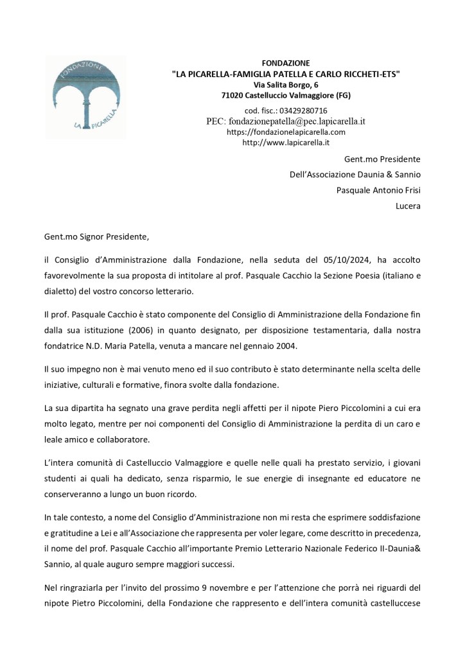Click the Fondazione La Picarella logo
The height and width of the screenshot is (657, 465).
[85, 97]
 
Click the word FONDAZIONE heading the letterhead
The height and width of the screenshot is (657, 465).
[286, 63]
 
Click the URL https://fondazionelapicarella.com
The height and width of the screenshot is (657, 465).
[286, 132]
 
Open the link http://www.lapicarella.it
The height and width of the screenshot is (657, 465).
[286, 143]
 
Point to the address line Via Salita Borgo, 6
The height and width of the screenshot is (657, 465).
[286, 85]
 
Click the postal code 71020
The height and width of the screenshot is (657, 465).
[232, 96]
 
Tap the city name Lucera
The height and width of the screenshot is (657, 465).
[408, 206]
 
